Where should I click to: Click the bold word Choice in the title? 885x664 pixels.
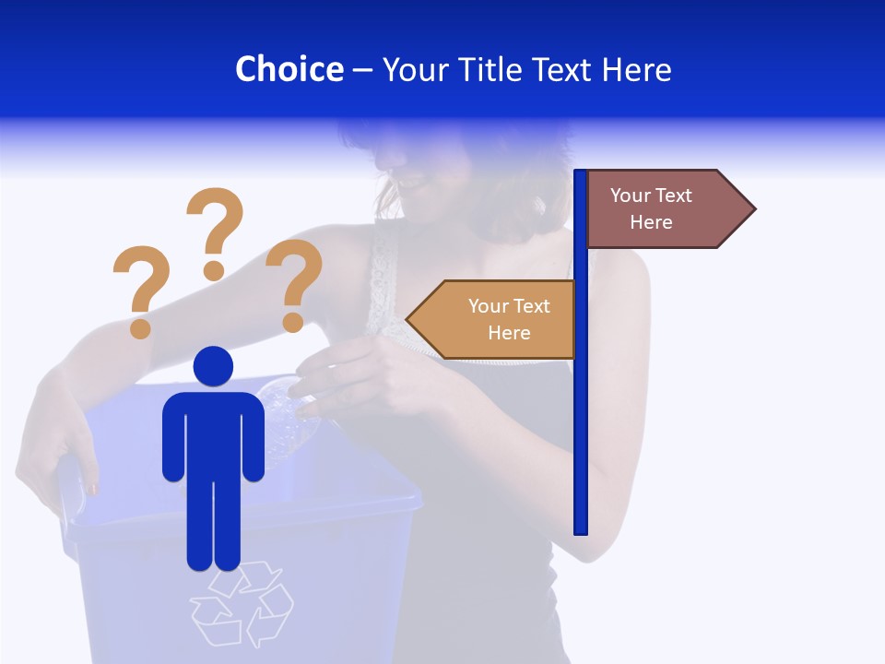pos(289,69)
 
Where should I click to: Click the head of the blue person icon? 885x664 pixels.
pos(213,366)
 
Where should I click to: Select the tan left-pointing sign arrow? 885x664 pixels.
pos(498,319)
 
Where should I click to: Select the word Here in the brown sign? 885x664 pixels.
pos(651,222)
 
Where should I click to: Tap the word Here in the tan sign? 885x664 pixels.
pos(509,333)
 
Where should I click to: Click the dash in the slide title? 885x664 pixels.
pos(362,70)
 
